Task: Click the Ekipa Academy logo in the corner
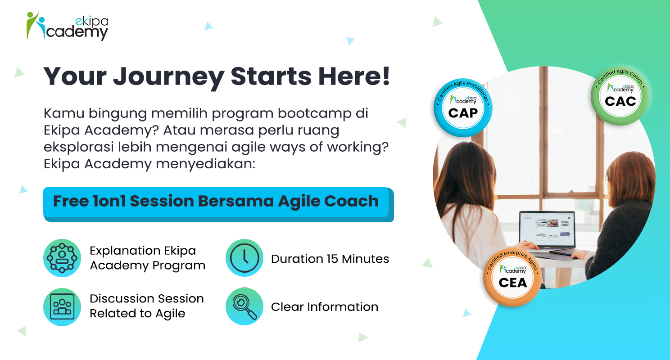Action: click(x=67, y=26)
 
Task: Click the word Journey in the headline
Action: click(x=169, y=77)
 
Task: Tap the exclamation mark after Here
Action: click(x=386, y=75)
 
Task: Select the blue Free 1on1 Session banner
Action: click(x=218, y=204)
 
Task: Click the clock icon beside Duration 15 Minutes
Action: click(x=244, y=258)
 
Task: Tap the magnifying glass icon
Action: click(x=244, y=306)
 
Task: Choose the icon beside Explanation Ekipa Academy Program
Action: click(x=62, y=258)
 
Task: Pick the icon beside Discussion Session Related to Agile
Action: click(x=62, y=307)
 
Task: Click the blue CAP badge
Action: click(x=463, y=108)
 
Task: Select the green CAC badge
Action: click(x=620, y=96)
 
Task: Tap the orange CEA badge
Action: click(x=513, y=277)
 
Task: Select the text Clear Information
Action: click(x=325, y=307)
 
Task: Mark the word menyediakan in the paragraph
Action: click(x=205, y=164)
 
